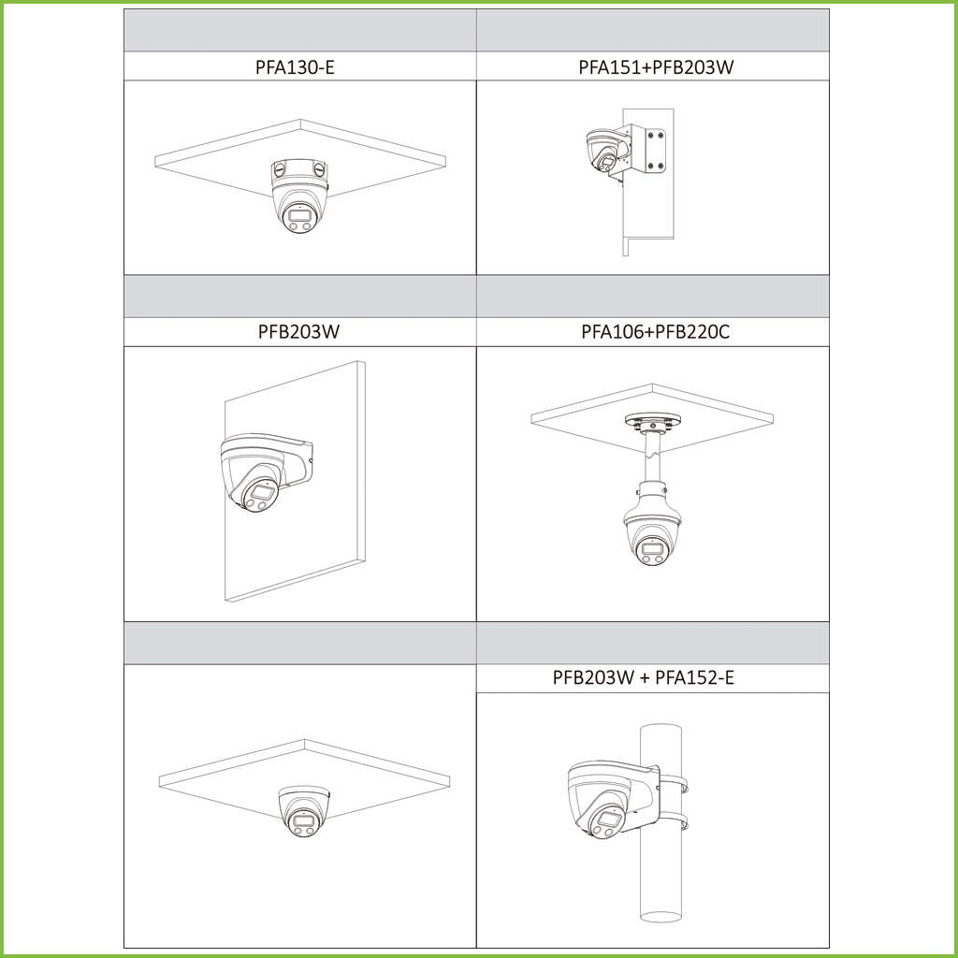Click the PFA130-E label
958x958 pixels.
[x=295, y=66]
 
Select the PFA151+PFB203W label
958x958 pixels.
[x=656, y=66]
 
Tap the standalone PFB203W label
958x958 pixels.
[x=298, y=332]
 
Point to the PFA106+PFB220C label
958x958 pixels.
[x=656, y=332]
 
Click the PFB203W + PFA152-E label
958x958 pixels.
[x=644, y=677]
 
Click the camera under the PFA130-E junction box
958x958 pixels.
[x=299, y=210]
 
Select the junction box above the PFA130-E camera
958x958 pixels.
[x=300, y=173]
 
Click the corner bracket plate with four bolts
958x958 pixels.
[x=656, y=150]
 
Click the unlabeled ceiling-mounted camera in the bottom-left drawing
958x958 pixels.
[x=303, y=810]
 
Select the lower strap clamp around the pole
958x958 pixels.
[x=672, y=821]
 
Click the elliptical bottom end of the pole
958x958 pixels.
[x=660, y=916]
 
